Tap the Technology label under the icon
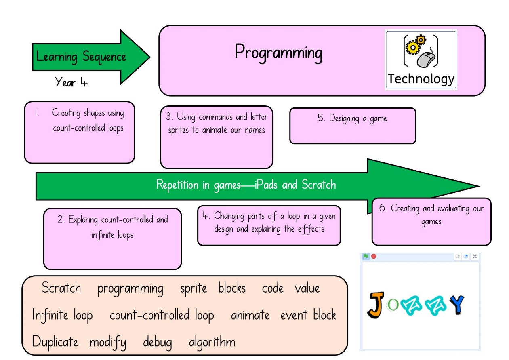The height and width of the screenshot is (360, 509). [421, 79]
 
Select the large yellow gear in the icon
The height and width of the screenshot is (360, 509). [412, 47]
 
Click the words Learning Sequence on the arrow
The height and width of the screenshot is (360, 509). [81, 57]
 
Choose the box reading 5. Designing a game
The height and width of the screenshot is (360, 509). [353, 126]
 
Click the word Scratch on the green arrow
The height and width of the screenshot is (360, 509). [319, 184]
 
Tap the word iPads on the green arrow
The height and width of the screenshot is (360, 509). [266, 184]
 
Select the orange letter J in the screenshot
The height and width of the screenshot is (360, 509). [376, 305]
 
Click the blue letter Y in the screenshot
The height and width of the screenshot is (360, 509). [457, 305]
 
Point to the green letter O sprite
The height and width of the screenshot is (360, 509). [392, 305]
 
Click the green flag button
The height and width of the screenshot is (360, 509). [366, 256]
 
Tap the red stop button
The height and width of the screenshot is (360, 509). [374, 256]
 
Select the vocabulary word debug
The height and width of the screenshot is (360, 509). [157, 343]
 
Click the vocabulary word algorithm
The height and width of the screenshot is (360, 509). [212, 343]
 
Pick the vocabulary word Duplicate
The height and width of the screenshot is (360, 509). [55, 341]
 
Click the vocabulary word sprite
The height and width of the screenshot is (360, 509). [194, 288]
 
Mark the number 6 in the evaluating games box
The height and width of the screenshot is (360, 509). [382, 208]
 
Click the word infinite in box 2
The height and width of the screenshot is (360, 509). [103, 235]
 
